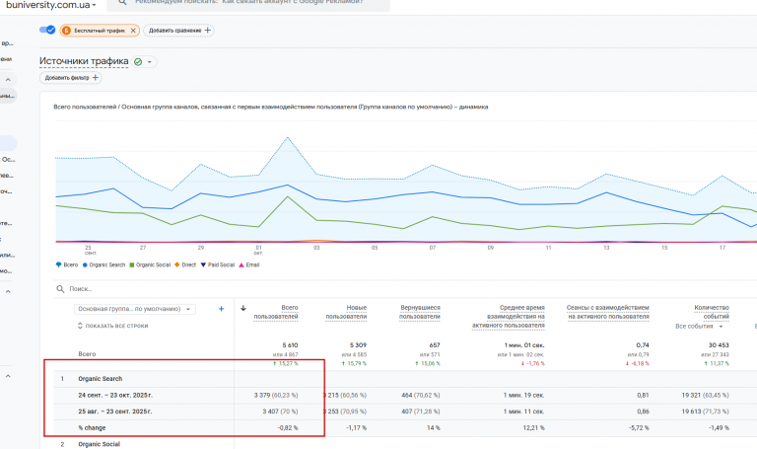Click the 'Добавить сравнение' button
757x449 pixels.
point(180,31)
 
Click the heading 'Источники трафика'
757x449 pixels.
point(84,61)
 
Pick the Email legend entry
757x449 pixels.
point(250,264)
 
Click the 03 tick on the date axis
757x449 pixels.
point(317,248)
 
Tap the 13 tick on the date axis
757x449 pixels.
point(606,248)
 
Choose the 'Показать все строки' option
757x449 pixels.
point(114,326)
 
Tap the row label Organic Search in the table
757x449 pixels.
point(100,379)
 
